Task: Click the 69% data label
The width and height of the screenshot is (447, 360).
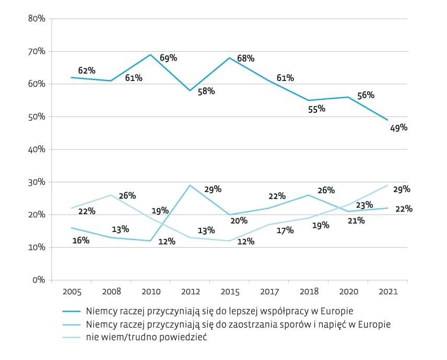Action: tap(168, 58)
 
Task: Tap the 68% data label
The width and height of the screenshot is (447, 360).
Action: tap(245, 59)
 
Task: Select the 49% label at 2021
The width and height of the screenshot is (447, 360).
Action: tap(398, 128)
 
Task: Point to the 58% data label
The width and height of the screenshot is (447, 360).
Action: tap(206, 91)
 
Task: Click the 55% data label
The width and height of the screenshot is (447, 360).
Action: tap(316, 109)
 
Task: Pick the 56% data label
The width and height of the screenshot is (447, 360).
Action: tap(366, 96)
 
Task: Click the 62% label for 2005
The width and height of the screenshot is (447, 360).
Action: tap(87, 71)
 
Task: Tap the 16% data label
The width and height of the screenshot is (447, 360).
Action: tap(81, 241)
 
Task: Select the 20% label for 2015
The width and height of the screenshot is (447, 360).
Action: tap(239, 220)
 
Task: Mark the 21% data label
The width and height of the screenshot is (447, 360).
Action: tap(356, 221)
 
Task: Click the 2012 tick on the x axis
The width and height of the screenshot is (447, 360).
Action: tap(190, 291)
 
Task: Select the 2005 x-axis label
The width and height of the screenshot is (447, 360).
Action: tap(71, 291)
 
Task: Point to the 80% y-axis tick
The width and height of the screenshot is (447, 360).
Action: tap(37, 19)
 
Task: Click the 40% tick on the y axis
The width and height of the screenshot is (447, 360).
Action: tap(37, 149)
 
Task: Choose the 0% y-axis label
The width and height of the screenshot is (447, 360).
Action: tap(39, 280)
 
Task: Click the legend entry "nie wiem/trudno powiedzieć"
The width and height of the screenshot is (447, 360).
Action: tap(147, 338)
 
